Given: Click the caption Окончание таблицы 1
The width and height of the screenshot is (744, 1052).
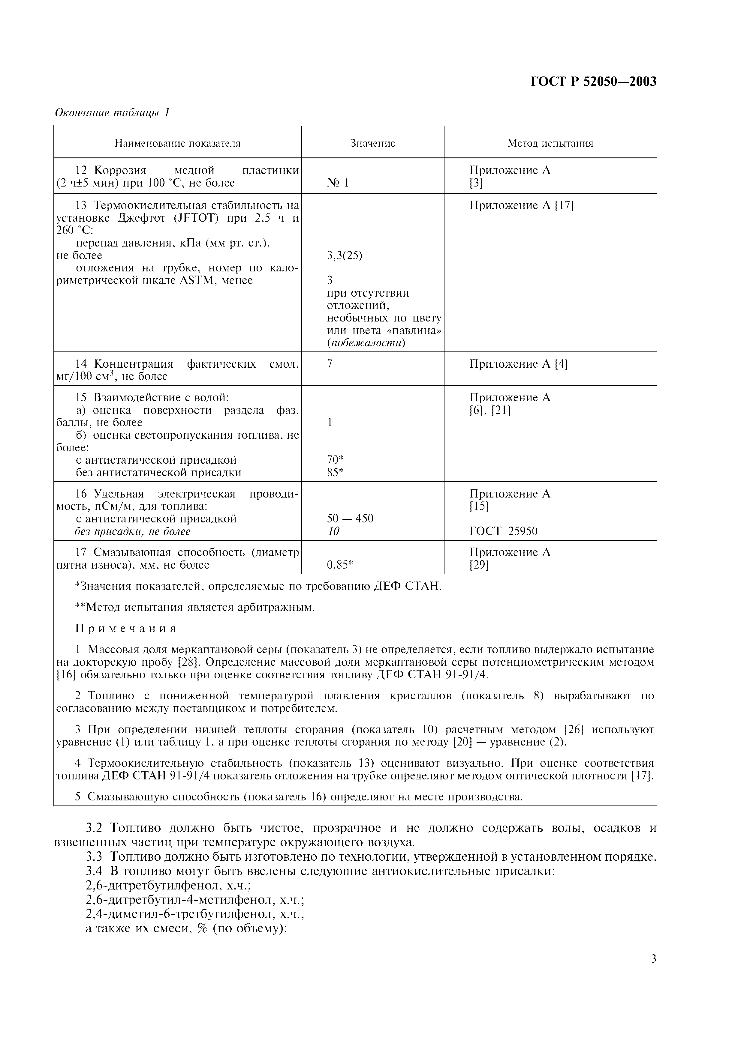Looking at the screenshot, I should click(x=112, y=113).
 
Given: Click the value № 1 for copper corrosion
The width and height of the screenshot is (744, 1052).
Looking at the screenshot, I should click(x=338, y=183).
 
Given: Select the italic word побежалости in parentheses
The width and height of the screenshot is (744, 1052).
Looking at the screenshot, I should click(x=366, y=343).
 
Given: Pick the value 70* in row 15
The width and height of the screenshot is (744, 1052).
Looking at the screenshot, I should click(x=335, y=459).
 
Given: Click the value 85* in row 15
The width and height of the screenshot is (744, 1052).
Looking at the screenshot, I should click(x=335, y=472).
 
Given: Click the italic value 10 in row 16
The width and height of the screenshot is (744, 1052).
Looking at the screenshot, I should click(x=333, y=531).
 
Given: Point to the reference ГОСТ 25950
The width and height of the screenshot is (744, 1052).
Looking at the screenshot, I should click(x=503, y=531).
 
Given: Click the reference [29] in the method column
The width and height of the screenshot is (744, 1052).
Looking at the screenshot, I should click(x=479, y=565).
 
